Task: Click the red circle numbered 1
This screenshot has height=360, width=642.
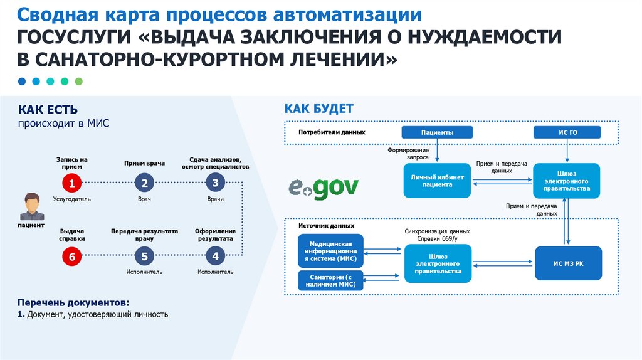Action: coord(72,183)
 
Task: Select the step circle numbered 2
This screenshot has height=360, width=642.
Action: coord(144,183)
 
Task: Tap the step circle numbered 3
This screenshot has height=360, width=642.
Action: coord(215,183)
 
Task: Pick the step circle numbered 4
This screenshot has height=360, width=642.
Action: coord(215,256)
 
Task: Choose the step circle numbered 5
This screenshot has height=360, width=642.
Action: coord(144,256)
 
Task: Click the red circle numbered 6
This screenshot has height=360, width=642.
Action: coord(72,256)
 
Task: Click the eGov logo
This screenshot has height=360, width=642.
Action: coord(324,186)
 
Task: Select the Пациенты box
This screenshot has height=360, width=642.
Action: coord(437,132)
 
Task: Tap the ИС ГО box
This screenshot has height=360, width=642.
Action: coord(567,132)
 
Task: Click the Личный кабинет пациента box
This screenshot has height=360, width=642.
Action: coord(437,181)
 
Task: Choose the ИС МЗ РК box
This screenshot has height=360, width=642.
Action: coord(568,263)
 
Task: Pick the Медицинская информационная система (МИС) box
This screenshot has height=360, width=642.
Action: coord(331,251)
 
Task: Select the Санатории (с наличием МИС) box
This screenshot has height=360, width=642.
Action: coord(331,280)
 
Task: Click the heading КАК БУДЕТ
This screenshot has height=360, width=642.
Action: coord(319,109)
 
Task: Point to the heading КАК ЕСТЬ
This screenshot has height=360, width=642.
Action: coord(48,110)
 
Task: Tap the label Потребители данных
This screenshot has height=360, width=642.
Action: coord(332,133)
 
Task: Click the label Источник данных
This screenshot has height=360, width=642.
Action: coord(327,225)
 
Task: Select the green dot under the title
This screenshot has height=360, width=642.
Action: coord(79,81)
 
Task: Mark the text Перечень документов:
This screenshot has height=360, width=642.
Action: coord(73,302)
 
